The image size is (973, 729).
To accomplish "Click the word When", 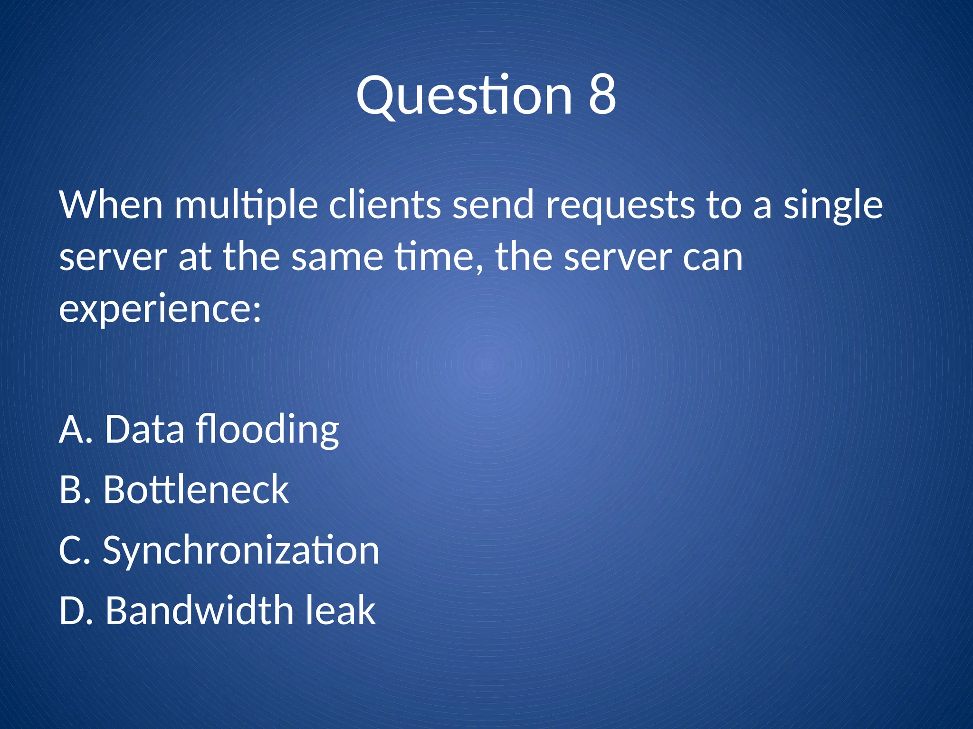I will (x=111, y=205).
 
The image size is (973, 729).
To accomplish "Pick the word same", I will (x=337, y=258).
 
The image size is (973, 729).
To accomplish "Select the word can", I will (x=713, y=258).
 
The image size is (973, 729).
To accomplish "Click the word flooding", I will (x=267, y=430).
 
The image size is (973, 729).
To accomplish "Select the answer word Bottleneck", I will (x=196, y=490).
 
